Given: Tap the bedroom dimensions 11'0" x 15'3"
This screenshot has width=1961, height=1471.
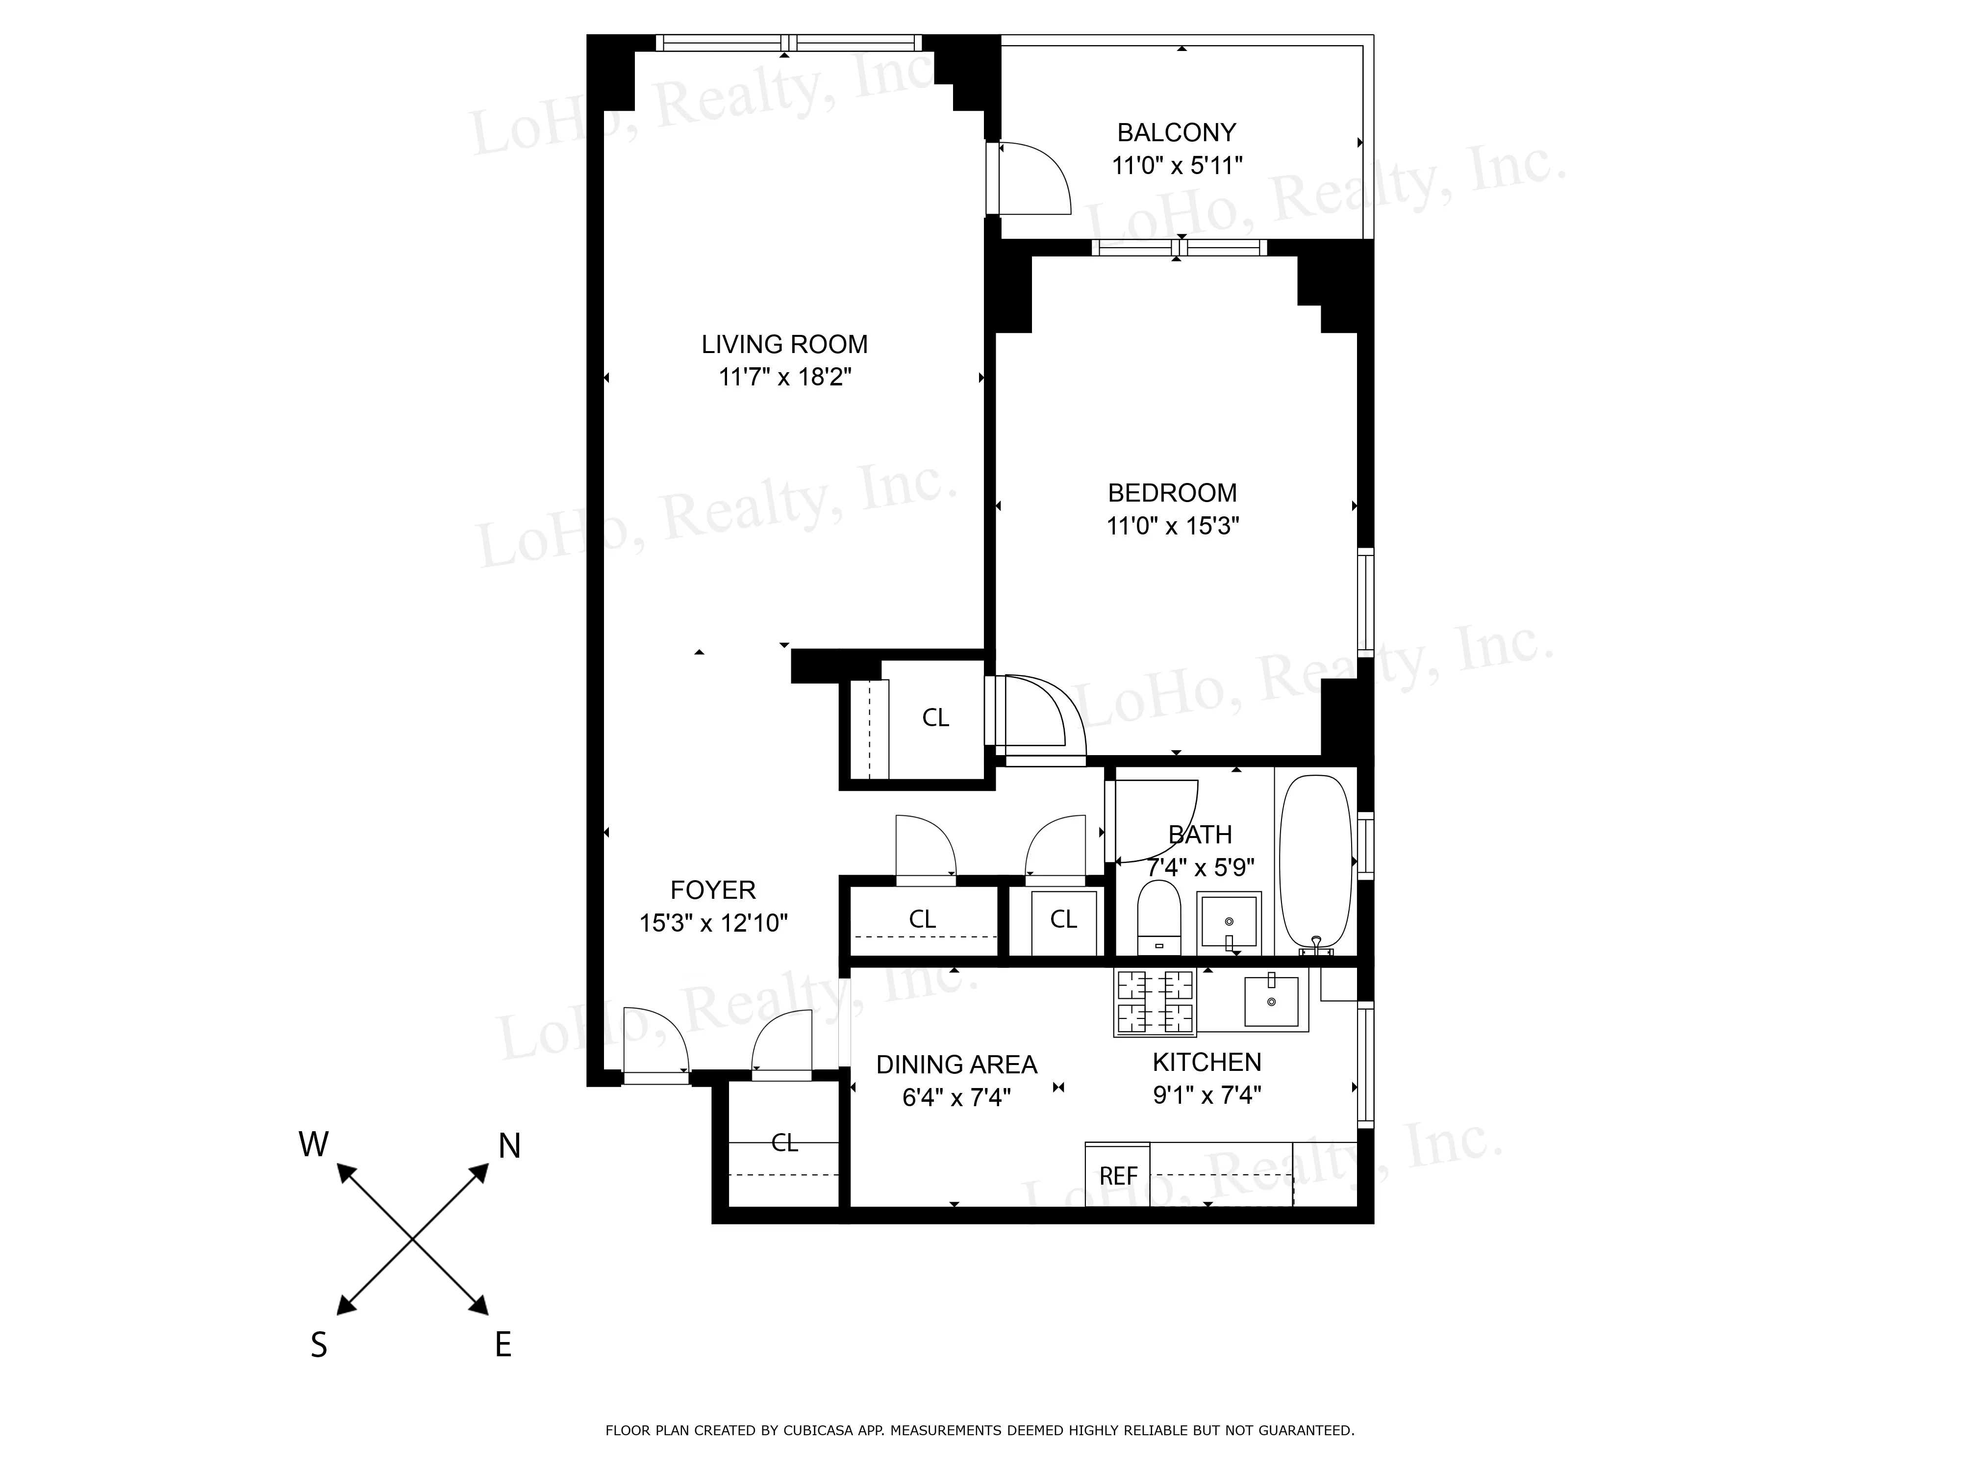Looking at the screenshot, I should [x=1172, y=526].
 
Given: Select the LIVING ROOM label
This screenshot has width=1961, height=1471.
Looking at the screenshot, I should [x=784, y=344].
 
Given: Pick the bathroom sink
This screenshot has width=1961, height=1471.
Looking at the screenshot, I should [x=1229, y=923].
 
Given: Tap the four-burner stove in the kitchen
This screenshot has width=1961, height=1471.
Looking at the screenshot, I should [x=1154, y=1002].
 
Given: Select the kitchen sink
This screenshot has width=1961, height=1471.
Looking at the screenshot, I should [x=1271, y=1001].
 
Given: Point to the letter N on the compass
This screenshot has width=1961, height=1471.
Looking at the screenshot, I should [x=509, y=1146].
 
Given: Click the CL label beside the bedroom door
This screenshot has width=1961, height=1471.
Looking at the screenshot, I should [x=935, y=717].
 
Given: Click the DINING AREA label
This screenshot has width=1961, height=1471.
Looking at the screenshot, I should [x=956, y=1064].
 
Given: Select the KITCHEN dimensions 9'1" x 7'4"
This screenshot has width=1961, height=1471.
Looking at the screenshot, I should [x=1207, y=1095].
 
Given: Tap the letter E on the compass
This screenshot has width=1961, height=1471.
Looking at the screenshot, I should [x=503, y=1346].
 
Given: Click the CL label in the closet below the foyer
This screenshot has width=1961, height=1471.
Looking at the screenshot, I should [x=784, y=1143].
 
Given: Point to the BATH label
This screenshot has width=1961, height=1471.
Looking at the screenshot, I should [x=1200, y=835].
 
